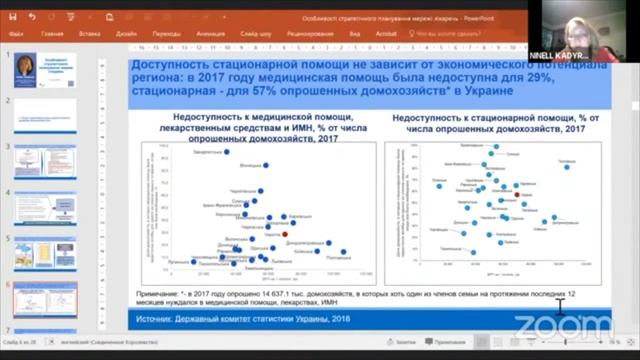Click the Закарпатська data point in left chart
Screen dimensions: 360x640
coord(228,153)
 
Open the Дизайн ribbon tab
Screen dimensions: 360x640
coord(126,33)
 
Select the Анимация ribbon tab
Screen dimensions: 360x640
coord(211,33)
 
